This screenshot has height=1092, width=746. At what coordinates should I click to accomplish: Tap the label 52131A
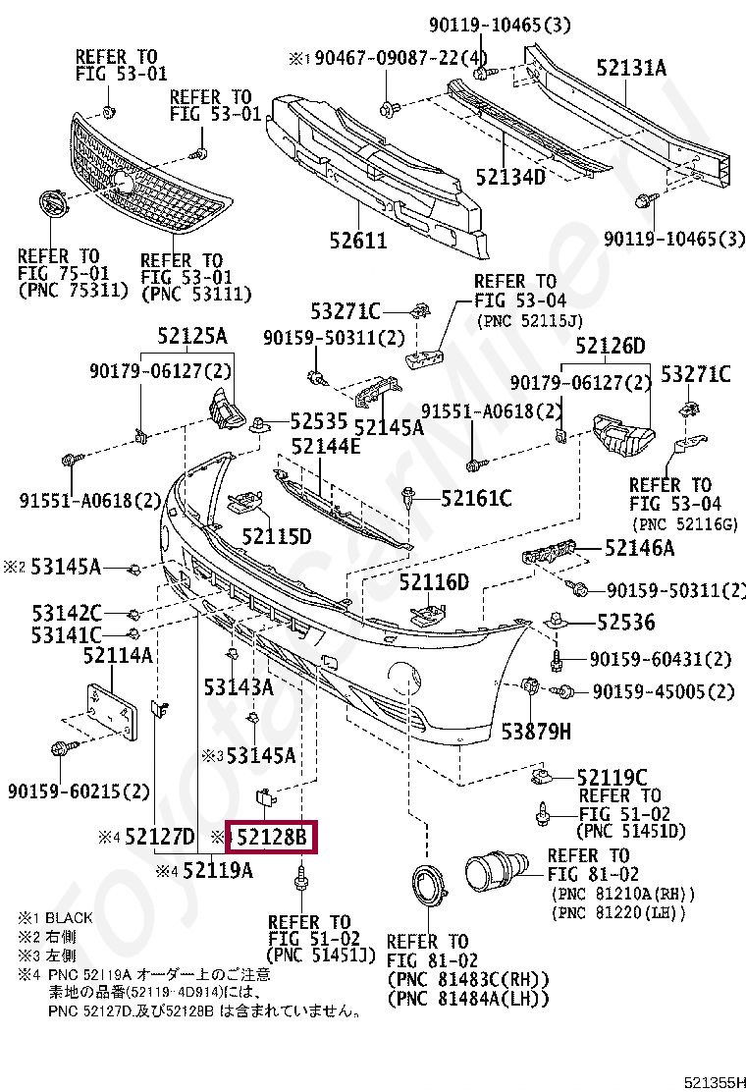[631, 68]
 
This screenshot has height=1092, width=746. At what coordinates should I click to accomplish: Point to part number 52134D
[509, 177]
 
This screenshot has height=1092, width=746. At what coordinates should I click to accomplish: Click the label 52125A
[191, 338]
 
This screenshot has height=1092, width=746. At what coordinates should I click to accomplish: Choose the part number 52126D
[611, 346]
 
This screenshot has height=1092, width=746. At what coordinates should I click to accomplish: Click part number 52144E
[325, 446]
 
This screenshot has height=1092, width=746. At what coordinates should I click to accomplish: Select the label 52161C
[476, 499]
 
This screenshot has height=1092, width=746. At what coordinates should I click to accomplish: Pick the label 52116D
[434, 582]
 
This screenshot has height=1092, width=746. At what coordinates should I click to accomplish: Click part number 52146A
[639, 549]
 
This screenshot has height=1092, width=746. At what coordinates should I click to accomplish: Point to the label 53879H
[536, 731]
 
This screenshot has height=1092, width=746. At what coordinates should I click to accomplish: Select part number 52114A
[117, 655]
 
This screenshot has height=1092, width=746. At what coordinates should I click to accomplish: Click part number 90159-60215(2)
[79, 791]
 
